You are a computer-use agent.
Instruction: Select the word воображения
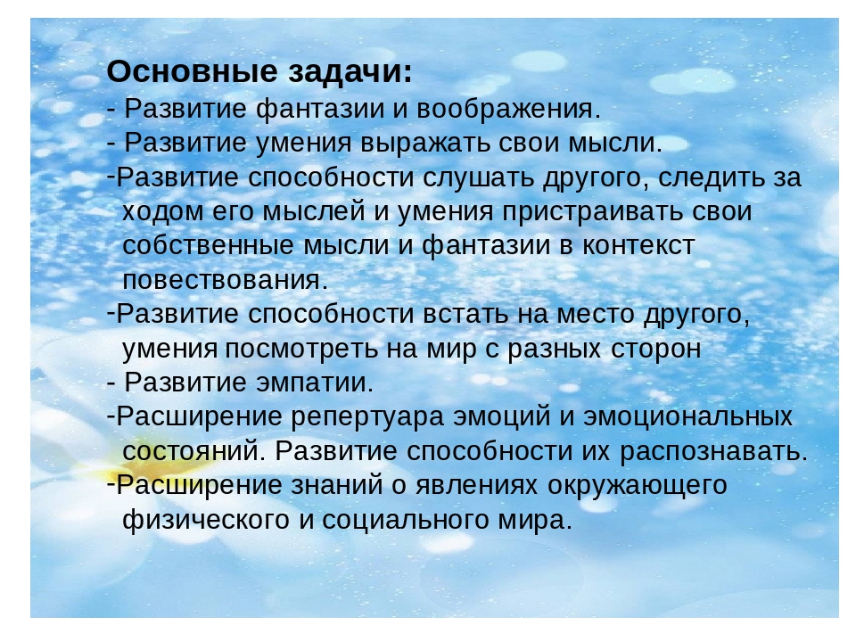[x=508, y=109]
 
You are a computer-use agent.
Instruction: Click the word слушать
[x=478, y=177]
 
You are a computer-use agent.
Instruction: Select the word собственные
[x=208, y=246]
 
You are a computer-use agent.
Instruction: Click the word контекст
[x=638, y=246]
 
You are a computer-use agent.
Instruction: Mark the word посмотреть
[x=302, y=349]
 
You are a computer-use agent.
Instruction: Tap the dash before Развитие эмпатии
[x=111, y=384]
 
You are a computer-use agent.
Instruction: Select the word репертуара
[x=366, y=417]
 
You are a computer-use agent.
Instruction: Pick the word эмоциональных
[x=687, y=417]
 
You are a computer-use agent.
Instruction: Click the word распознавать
[x=713, y=451]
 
